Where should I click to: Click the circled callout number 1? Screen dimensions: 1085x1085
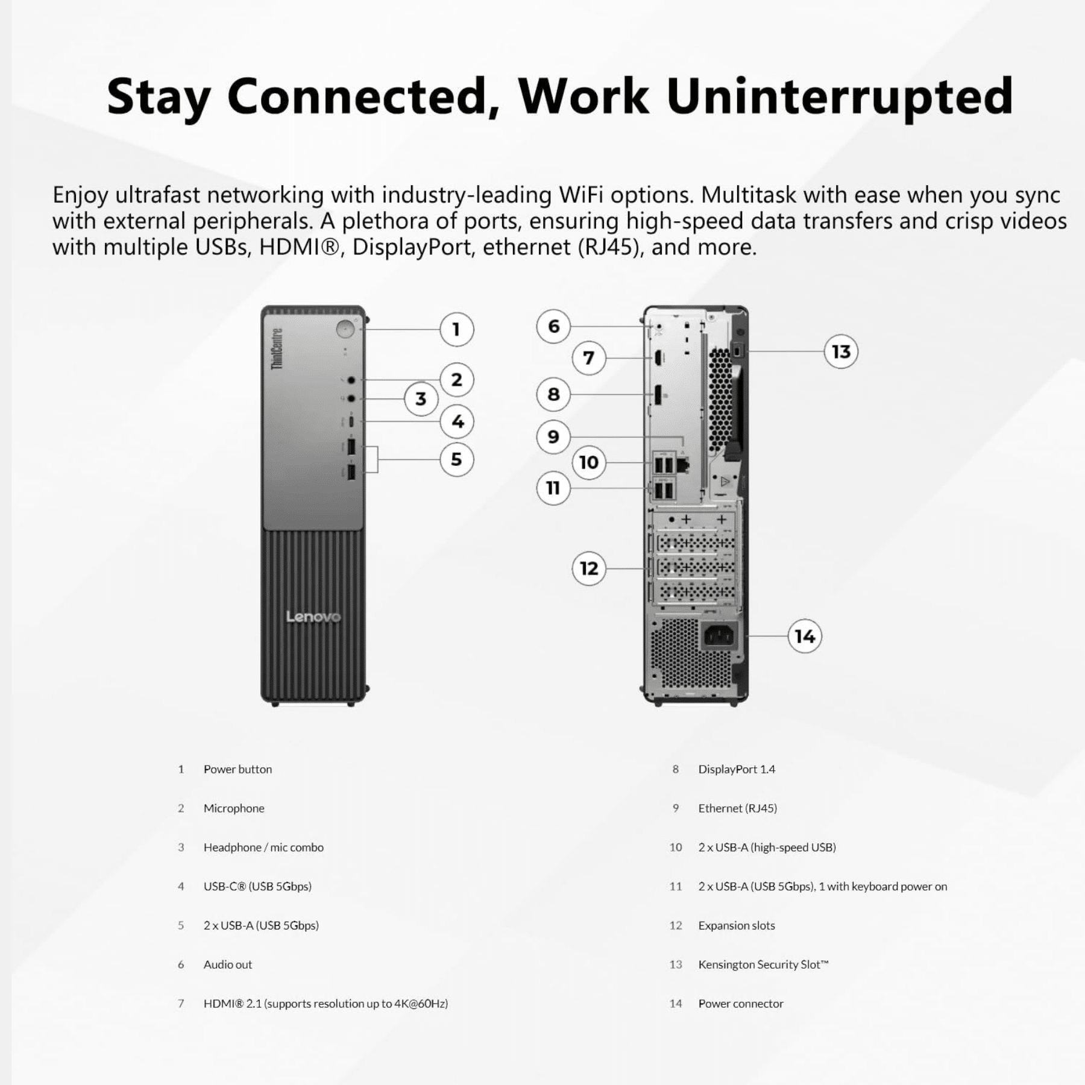coord(456,329)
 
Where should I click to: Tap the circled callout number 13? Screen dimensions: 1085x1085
coord(841,351)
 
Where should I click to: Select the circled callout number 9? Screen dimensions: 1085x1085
coord(553,436)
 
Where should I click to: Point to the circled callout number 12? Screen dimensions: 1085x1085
coord(589,568)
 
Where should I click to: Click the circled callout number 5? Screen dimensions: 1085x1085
coord(456,459)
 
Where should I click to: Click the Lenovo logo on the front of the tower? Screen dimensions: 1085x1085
coord(313,617)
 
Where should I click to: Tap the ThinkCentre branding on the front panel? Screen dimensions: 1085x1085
coord(277,349)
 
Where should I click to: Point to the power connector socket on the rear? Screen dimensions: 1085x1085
coord(719,635)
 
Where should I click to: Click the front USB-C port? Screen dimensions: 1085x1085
coord(351,421)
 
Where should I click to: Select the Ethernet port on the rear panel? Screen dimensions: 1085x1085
coord(682,464)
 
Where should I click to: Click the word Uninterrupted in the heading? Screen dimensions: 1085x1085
coord(840,97)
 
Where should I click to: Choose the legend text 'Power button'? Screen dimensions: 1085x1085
coord(237,769)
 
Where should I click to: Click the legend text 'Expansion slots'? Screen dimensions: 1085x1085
coord(737,925)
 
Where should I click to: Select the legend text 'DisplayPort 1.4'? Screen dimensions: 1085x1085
coord(737,769)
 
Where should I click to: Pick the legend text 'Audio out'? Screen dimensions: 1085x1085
coord(228,964)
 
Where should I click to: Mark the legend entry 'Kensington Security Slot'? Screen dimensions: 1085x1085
coord(764,964)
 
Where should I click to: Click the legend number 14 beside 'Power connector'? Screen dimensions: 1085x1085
coord(676,1004)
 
